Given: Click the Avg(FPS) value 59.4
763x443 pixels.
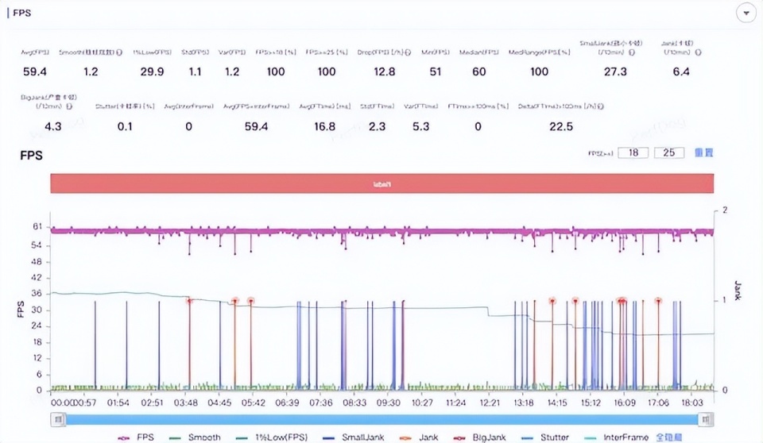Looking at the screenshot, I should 34,72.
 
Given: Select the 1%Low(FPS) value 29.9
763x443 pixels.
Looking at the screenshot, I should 152,72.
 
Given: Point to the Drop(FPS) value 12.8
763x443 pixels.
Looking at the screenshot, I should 385,72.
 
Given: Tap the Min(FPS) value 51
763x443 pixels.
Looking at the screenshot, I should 435,72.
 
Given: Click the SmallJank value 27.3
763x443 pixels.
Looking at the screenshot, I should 615,72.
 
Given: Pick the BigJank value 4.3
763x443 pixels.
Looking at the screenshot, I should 53,126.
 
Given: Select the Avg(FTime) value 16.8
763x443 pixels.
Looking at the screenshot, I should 324,126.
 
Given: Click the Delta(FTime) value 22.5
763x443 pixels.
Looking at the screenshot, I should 561,126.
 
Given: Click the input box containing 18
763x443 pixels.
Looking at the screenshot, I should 633,152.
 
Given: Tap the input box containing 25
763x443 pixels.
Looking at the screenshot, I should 669,152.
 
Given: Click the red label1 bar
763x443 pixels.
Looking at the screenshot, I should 381,183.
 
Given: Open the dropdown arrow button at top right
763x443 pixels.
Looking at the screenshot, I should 746,13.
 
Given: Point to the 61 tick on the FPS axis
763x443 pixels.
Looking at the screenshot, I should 37,227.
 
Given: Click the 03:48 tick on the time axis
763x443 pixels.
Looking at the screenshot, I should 185,403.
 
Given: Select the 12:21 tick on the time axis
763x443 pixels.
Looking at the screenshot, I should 489,403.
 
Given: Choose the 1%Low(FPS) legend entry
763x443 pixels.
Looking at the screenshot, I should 270,437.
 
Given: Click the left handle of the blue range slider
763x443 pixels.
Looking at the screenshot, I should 58,419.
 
